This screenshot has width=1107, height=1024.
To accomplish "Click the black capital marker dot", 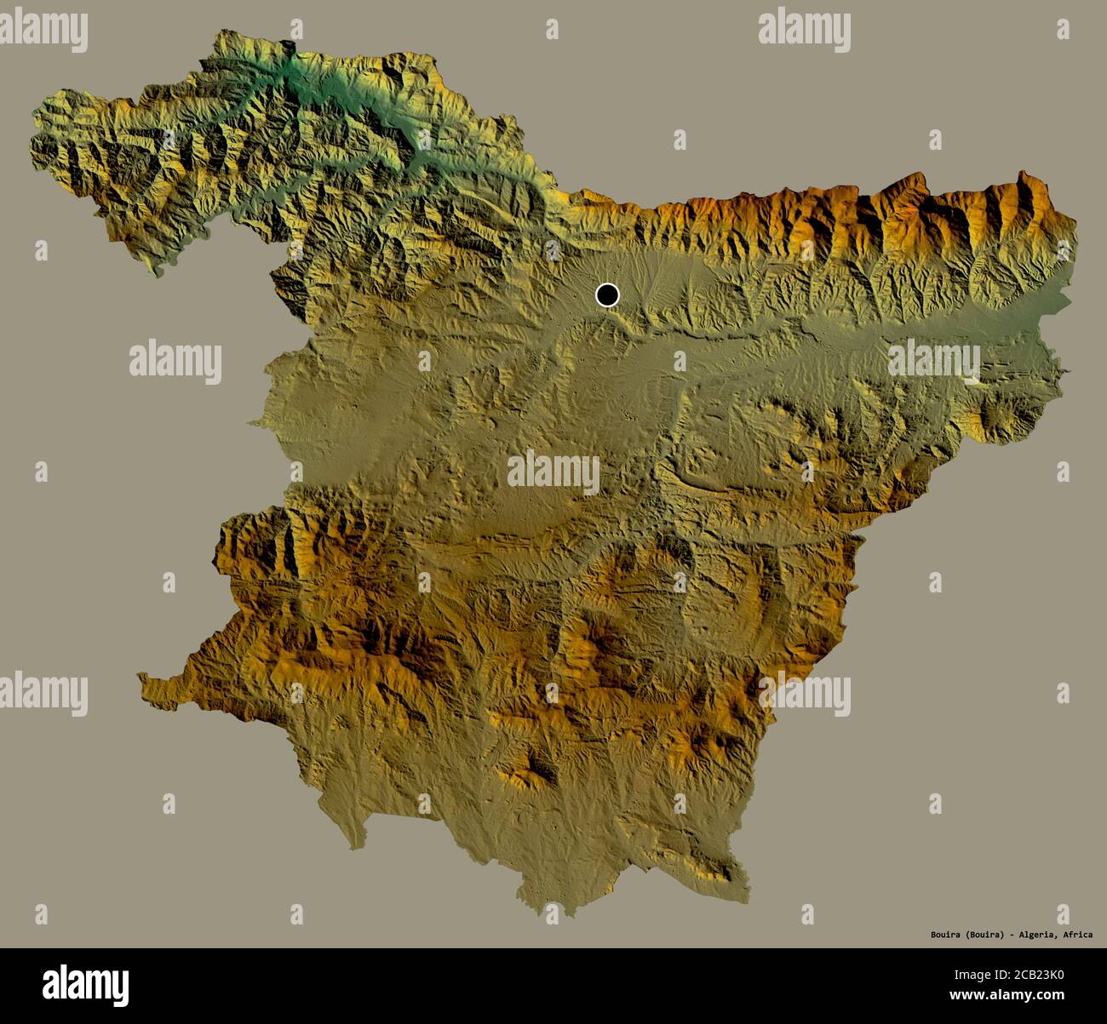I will [607, 295].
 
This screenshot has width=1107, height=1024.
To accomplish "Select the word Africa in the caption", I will [1077, 935].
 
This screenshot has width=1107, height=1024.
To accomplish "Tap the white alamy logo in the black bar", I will [86, 985].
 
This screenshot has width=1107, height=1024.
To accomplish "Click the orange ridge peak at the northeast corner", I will [1022, 183].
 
